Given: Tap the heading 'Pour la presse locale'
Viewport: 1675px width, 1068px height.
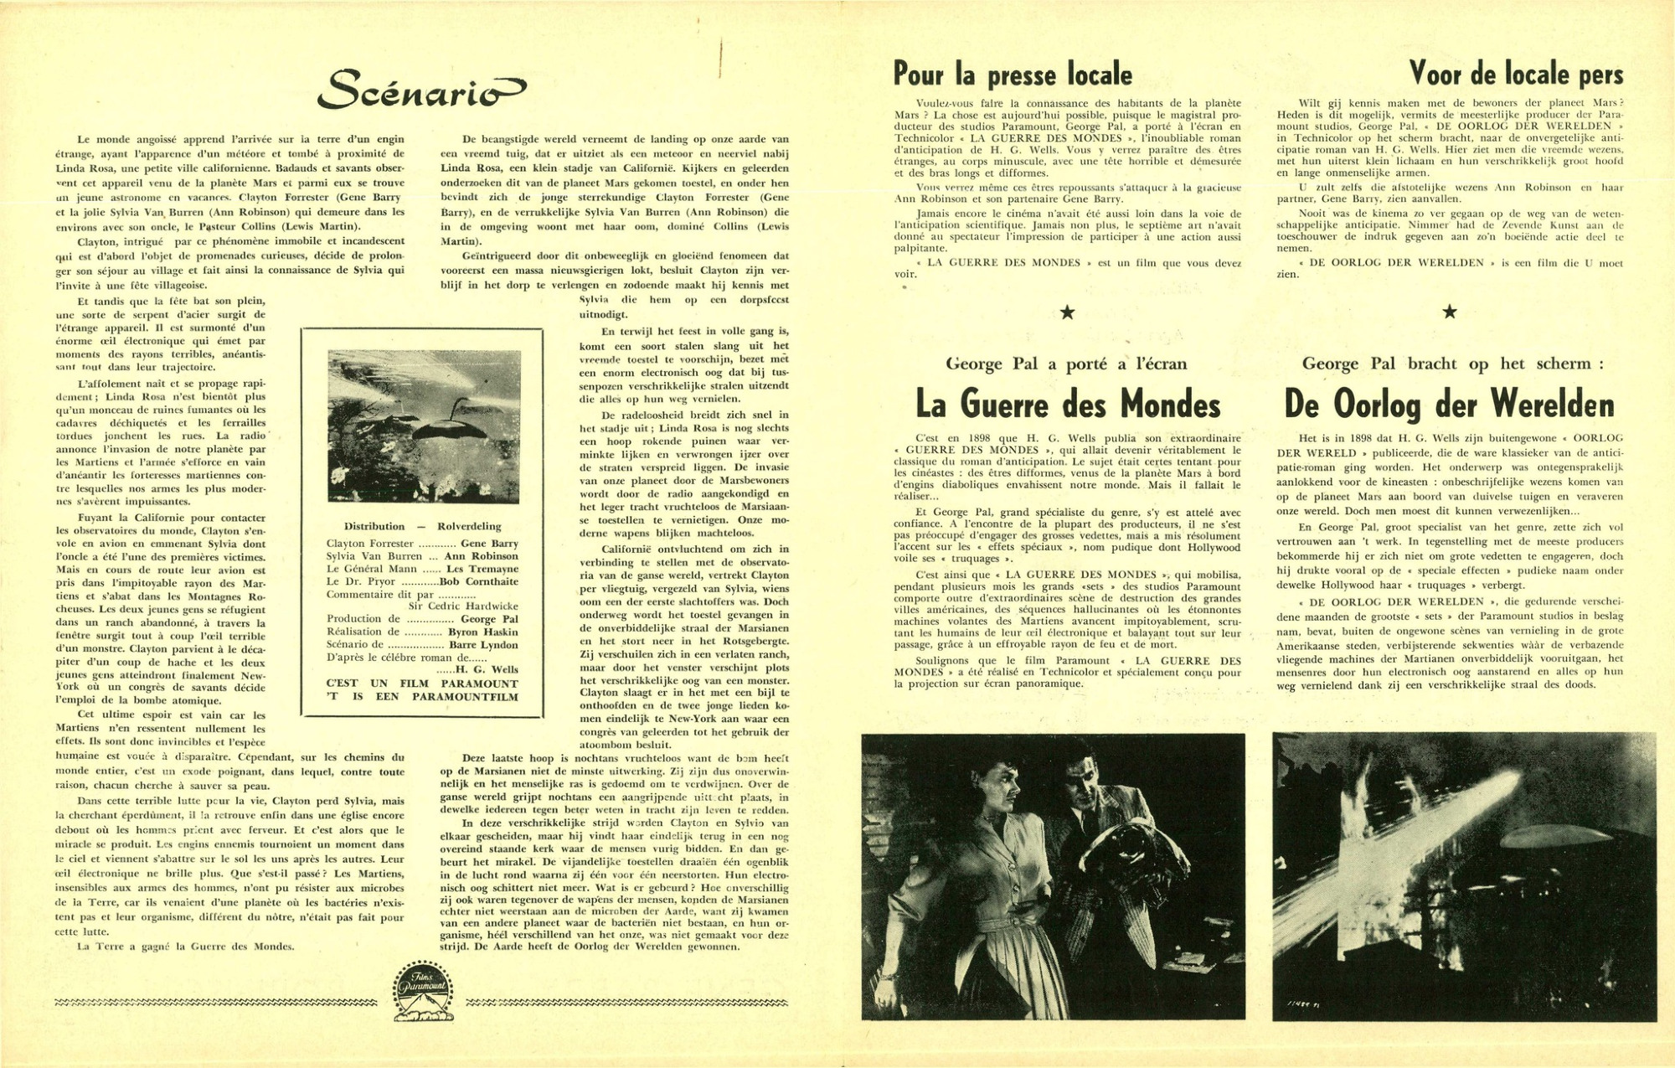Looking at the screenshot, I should click(x=1013, y=75).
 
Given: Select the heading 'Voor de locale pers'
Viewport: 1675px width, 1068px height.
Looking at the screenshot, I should click(x=1516, y=75).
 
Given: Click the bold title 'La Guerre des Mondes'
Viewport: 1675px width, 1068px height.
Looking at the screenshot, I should click(x=1068, y=405).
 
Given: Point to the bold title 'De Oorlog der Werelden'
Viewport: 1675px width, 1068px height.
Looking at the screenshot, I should click(x=1449, y=405).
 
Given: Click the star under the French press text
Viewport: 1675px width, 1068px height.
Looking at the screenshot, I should click(x=1067, y=313).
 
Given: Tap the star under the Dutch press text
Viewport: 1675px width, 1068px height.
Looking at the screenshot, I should click(x=1450, y=312).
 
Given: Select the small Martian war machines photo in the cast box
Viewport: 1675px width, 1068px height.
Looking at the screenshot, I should click(x=424, y=426).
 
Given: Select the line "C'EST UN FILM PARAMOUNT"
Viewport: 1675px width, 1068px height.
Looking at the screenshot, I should click(x=422, y=684).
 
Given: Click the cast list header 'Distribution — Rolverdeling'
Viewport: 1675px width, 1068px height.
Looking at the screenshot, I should click(x=422, y=526).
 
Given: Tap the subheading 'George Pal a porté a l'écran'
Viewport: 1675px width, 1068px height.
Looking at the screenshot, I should click(x=1066, y=364).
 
